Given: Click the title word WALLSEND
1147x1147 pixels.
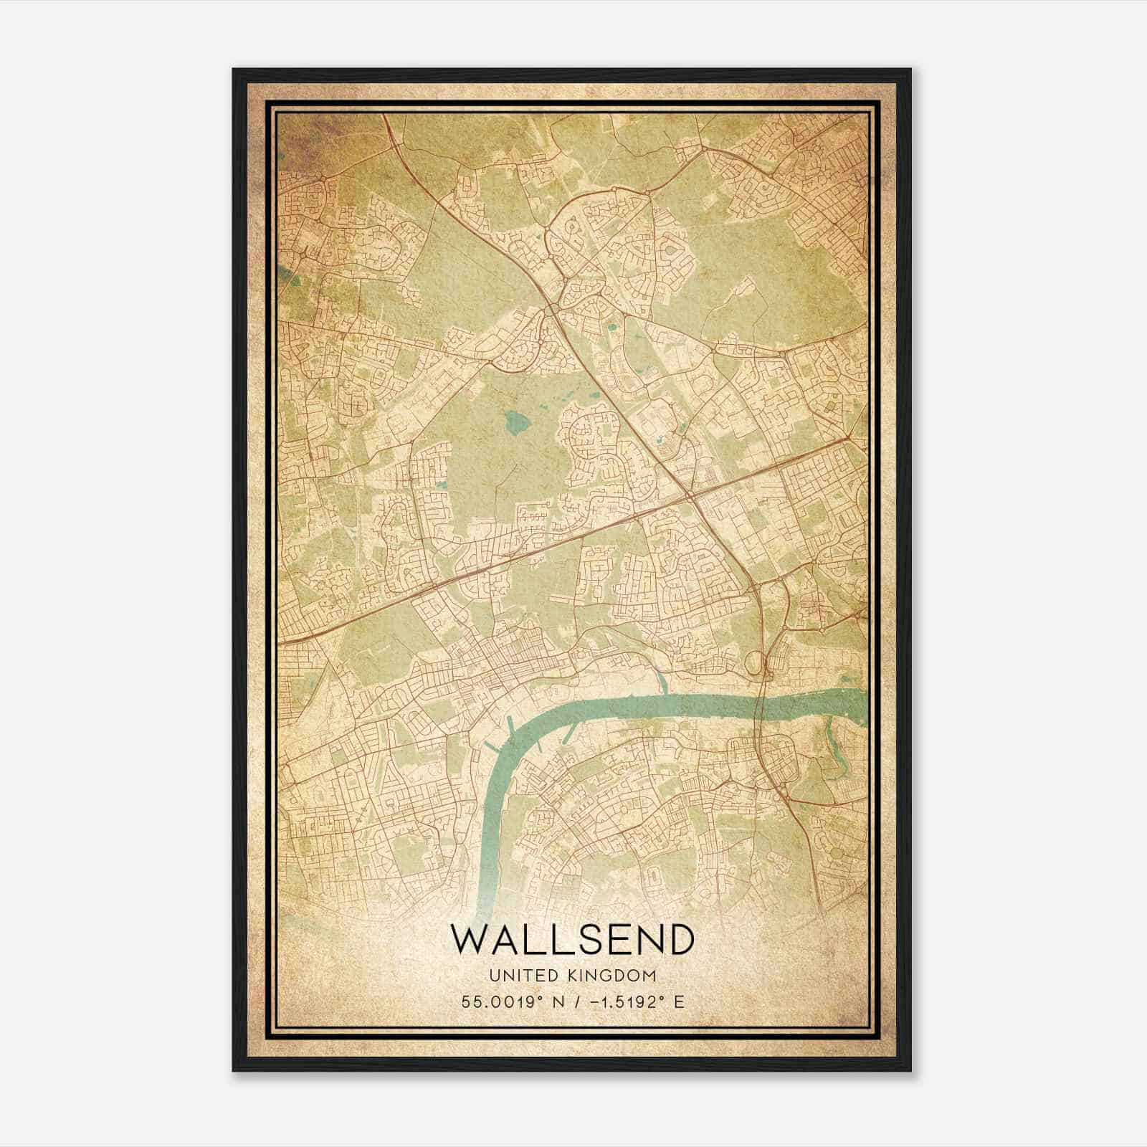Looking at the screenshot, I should [x=572, y=938].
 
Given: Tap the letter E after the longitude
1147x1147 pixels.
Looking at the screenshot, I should [x=679, y=1001].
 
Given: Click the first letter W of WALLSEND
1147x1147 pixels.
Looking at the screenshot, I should [x=469, y=938].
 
